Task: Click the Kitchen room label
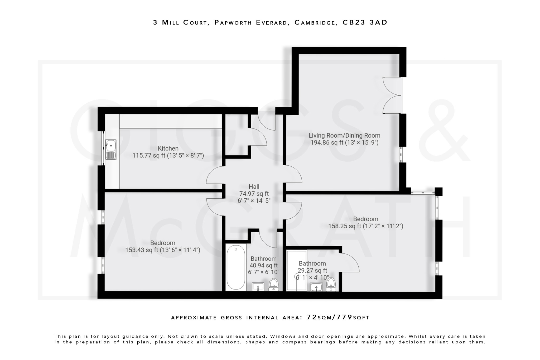pos(168,148)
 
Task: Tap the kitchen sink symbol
pos(111,150)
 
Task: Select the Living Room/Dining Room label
pos(344,136)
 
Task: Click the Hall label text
pos(254,187)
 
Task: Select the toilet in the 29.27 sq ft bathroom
pos(331,284)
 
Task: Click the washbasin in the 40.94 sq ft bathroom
pos(258,287)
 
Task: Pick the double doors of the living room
pos(392,95)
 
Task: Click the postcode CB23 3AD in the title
pos(365,22)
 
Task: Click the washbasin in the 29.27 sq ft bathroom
pos(316,287)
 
